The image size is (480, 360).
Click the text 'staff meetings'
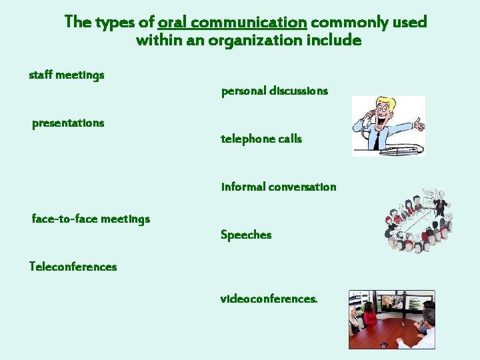coord(67,75)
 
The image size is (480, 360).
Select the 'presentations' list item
coord(68,123)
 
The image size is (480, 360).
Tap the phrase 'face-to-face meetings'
coord(91,219)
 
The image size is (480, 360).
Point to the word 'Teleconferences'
coord(73,267)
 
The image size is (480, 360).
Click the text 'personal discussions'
coord(274,91)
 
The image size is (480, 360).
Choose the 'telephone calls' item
coord(261,139)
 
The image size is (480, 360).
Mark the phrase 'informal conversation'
coord(279,187)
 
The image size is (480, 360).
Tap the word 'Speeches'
coord(246,235)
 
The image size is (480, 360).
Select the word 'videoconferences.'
coord(269,299)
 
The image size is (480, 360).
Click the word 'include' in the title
coord(340,41)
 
